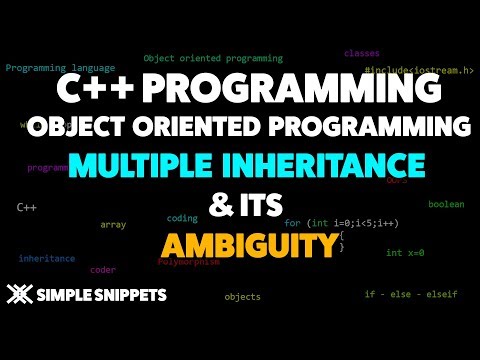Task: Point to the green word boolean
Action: pos(446,204)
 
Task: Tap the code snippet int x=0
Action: pos(405,253)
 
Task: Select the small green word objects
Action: pos(242,297)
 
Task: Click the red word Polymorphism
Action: pos(187,262)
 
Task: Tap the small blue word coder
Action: pos(102,270)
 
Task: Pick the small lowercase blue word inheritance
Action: pos(46,258)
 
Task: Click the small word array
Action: pos(113,224)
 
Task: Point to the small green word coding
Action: pos(182,217)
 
